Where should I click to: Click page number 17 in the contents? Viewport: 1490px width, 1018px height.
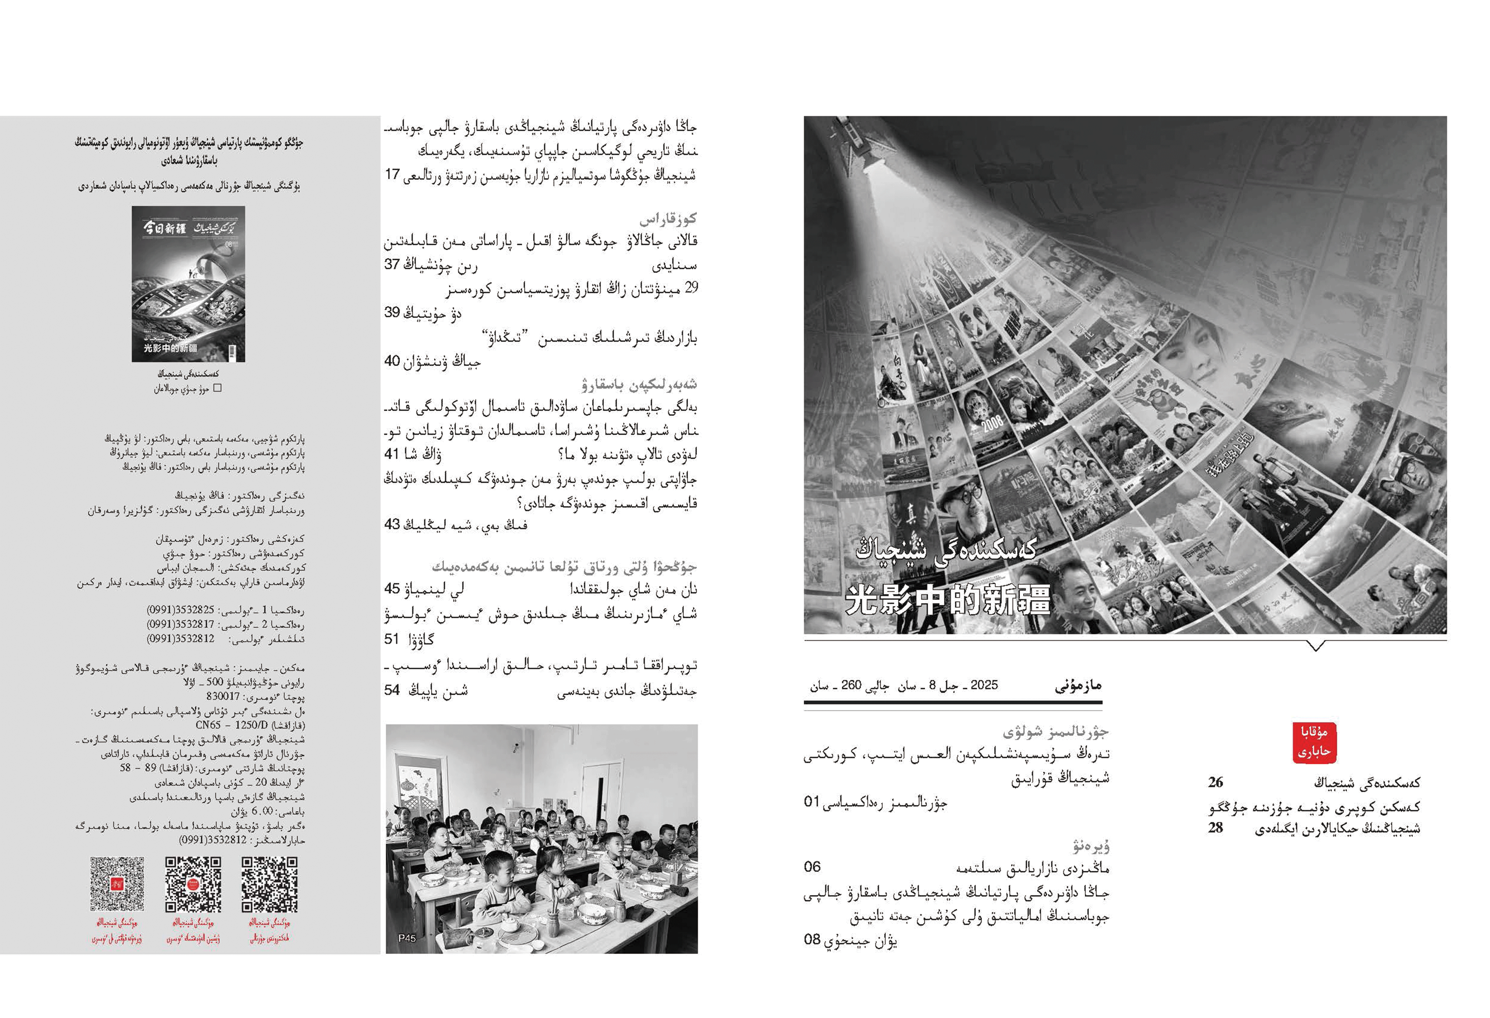pyautogui.click(x=392, y=175)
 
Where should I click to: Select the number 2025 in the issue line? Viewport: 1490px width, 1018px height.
pyautogui.click(x=984, y=685)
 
